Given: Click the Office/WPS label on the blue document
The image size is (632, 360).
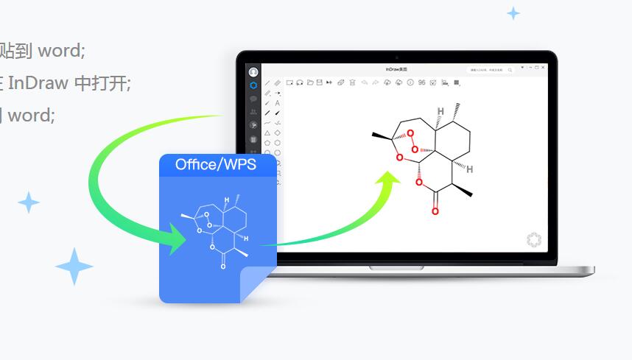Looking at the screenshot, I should coord(216,164).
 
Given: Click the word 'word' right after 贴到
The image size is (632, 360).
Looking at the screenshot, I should coord(62,51).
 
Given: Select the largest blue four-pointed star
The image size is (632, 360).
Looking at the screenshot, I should coord(74,266).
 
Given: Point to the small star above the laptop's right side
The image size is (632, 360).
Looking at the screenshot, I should coord(513,13).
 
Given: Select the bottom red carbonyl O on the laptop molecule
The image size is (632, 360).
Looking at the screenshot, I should coord(435,211).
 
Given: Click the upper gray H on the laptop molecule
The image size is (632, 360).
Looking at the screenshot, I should coord(440,112).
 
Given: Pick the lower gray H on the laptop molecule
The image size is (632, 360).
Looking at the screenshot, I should coord(469,169).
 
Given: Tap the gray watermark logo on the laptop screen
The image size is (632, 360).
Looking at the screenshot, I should coord(534,239).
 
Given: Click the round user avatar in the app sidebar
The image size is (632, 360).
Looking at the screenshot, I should coord(253,72).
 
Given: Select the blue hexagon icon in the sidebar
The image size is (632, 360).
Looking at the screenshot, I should coord(253,85).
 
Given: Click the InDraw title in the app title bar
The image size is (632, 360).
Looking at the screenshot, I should coord(396,69).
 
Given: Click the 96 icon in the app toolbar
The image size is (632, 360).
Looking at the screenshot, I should coord(421,82).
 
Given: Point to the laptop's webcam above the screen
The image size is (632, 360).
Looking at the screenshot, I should coord(396,57).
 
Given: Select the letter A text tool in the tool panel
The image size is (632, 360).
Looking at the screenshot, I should coord(277,103).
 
